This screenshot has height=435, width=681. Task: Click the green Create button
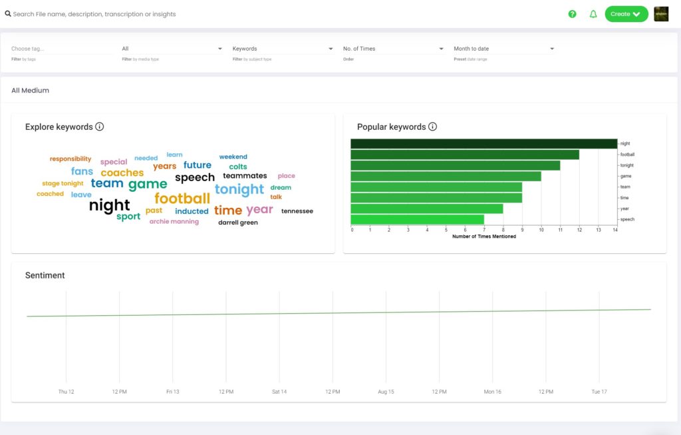[626, 14]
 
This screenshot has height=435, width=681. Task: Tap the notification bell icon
[593, 14]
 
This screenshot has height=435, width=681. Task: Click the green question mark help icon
[572, 14]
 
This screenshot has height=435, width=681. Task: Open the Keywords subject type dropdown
[283, 49]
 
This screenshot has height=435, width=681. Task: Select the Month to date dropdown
[503, 49]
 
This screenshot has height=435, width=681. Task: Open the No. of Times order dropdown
[393, 49]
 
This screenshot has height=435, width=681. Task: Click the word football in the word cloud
[182, 199]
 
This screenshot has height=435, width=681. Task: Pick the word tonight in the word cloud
[239, 189]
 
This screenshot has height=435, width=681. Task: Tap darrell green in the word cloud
[237, 222]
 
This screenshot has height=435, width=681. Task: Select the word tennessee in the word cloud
[297, 211]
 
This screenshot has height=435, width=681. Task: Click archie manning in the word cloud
[174, 222]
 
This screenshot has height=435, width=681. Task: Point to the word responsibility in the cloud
[70, 159]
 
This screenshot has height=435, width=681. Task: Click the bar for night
[483, 144]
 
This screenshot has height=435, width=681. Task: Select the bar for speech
[417, 219]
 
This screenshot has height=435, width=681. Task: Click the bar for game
[446, 177]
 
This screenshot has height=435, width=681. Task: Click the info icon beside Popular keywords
[432, 127]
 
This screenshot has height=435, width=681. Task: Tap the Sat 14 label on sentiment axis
[279, 392]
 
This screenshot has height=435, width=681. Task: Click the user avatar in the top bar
[661, 14]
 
